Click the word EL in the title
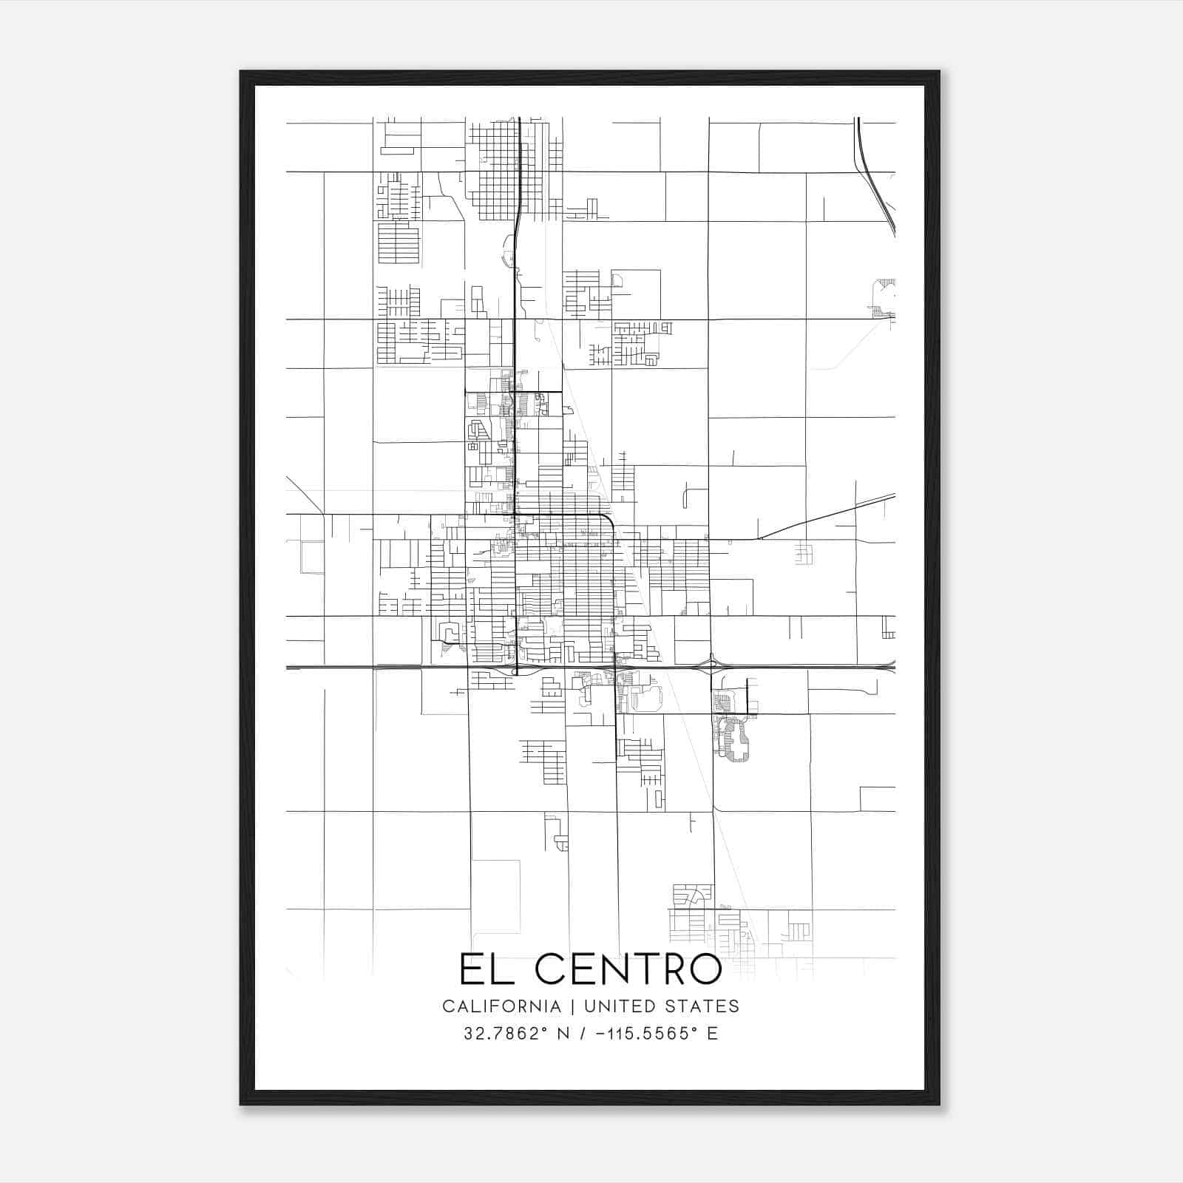tap(484, 969)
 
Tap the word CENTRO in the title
tap(628, 969)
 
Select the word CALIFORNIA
tap(501, 1006)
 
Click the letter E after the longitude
tap(713, 1034)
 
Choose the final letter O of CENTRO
tap(704, 969)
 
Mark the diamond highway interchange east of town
tap(711, 666)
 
